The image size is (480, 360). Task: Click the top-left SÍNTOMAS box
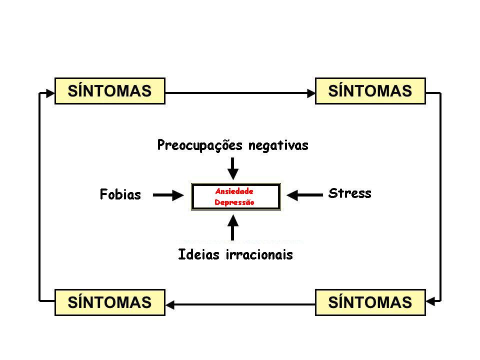coord(109,90)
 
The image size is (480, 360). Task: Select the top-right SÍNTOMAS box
coord(370,90)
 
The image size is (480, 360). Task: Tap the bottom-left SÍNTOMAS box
coord(109,302)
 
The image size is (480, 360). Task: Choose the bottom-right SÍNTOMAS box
coord(370,302)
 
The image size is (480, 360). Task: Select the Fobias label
coord(120,194)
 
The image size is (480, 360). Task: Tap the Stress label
coord(350,193)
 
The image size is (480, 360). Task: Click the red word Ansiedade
coord(234,191)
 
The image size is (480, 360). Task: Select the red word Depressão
coord(234,202)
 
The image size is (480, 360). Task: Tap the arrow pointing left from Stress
coord(306,196)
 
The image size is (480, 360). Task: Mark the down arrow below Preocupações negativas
coord(233,168)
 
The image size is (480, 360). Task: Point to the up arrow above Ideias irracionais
coord(233,226)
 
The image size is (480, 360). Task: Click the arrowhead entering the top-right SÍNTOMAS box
coord(310,92)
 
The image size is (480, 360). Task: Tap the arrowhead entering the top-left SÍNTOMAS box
coord(49,92)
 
